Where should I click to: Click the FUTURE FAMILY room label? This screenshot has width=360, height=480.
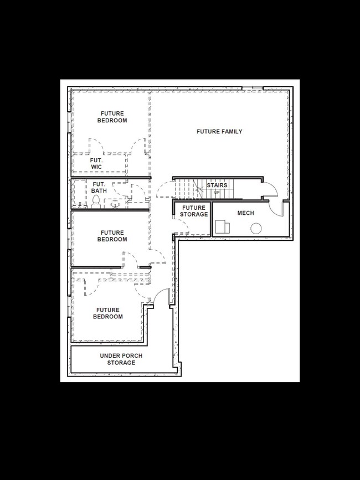pyautogui.click(x=219, y=132)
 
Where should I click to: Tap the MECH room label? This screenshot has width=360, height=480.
pyautogui.click(x=245, y=213)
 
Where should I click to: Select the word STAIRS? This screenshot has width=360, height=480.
pyautogui.click(x=217, y=185)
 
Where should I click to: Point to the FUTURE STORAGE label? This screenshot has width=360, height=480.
pyautogui.click(x=193, y=211)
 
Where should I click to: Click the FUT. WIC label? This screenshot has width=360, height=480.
pyautogui.click(x=96, y=163)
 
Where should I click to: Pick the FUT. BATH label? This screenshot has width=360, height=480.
pyautogui.click(x=99, y=188)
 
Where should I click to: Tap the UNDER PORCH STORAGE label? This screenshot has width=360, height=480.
pyautogui.click(x=117, y=359)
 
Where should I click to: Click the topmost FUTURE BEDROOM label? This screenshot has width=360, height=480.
pyautogui.click(x=112, y=117)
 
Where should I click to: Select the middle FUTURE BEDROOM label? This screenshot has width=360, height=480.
pyautogui.click(x=112, y=236)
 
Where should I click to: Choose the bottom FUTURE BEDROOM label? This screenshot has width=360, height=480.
pyautogui.click(x=109, y=313)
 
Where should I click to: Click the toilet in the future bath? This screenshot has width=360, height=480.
pyautogui.click(x=96, y=201)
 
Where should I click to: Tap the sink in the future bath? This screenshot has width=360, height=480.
pyautogui.click(x=115, y=204)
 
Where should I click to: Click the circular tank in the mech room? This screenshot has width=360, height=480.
pyautogui.click(x=256, y=228)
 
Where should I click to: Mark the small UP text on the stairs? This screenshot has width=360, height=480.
pyautogui.click(x=217, y=192)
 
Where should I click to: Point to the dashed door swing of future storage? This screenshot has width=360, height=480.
pyautogui.click(x=183, y=226)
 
